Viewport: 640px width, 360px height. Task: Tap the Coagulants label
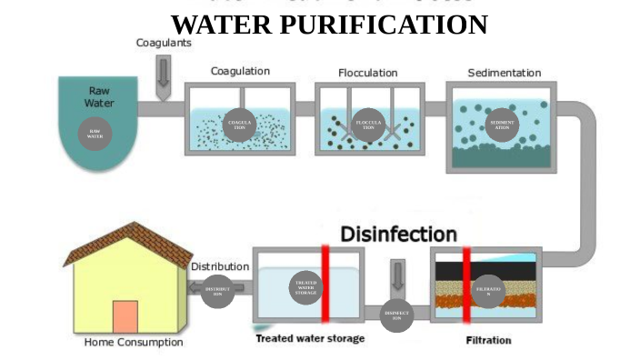163,42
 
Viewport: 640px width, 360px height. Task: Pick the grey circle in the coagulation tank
240,125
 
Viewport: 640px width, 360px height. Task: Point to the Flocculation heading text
368,72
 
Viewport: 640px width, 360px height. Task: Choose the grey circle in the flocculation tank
368,125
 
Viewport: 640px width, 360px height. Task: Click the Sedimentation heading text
504,72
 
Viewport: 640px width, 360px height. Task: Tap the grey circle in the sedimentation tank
502,125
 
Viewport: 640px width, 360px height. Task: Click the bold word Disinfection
398,234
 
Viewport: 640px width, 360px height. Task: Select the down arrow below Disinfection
397,275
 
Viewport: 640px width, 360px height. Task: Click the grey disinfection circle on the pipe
397,315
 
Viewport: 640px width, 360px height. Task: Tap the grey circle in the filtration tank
488,291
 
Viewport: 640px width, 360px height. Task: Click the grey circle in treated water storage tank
306,288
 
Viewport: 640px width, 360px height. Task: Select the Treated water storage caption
310,338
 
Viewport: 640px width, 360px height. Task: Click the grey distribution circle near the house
216,291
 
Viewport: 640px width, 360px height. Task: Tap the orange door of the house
125,316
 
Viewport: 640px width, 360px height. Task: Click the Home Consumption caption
134,343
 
